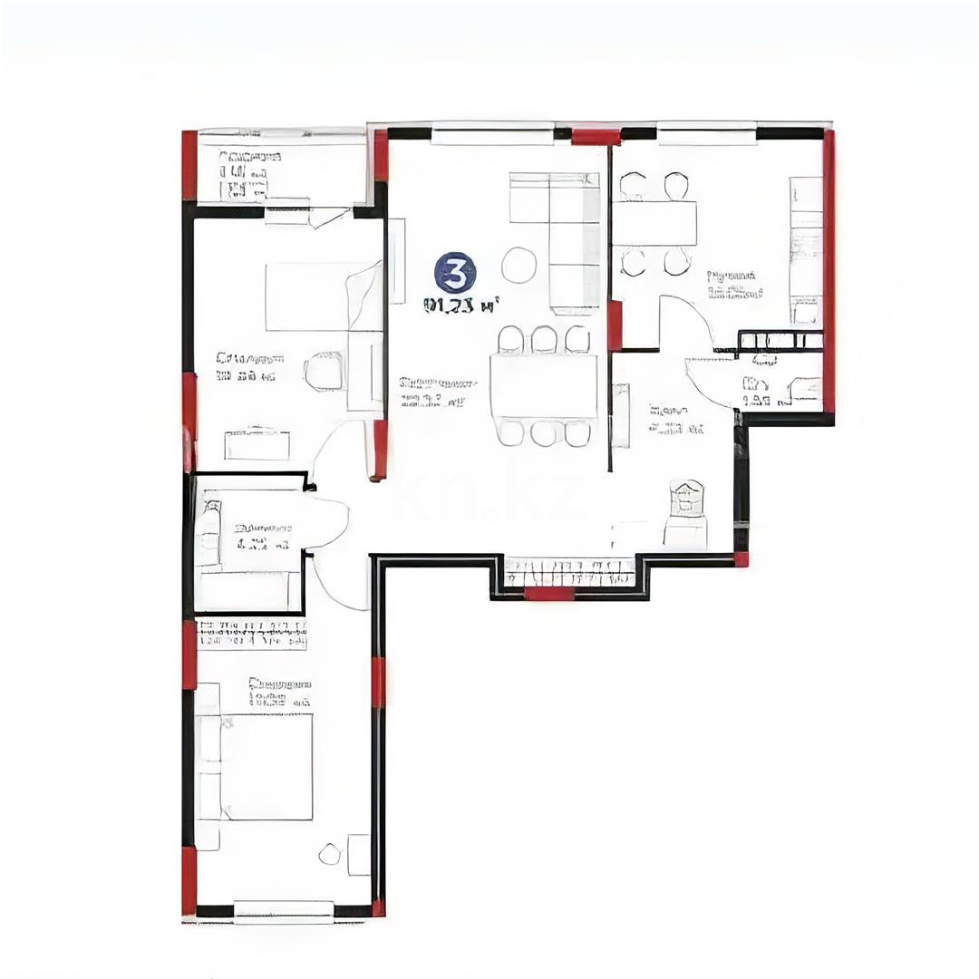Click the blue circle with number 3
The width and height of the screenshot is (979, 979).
tap(455, 273)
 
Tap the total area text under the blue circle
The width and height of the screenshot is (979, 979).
tap(461, 306)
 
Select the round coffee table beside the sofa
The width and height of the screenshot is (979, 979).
tap(519, 265)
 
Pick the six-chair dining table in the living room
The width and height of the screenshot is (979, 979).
tap(544, 386)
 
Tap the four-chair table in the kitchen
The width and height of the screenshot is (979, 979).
tap(654, 223)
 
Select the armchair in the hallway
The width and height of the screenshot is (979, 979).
tap(686, 511)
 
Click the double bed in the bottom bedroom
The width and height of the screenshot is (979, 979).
tap(263, 767)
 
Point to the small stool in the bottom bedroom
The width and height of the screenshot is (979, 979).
tap(330, 853)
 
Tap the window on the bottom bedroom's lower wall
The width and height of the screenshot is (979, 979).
tap(284, 910)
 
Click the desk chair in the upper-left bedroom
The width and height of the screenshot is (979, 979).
tap(324, 371)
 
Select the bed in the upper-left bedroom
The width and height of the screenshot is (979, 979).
tap(317, 296)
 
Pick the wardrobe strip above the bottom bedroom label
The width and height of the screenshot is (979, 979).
tap(251, 634)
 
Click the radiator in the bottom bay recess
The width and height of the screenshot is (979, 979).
tap(569, 572)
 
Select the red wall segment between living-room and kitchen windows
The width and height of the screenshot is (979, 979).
tap(596, 137)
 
